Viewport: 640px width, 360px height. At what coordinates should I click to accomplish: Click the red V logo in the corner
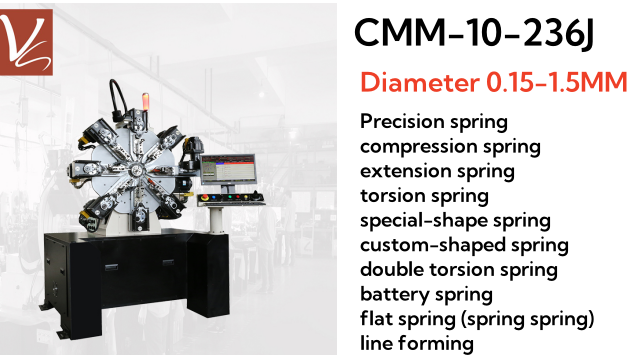(x=26, y=42)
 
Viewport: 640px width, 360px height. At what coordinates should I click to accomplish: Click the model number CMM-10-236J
(x=473, y=33)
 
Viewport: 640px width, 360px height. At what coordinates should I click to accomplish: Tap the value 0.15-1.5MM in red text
(x=557, y=82)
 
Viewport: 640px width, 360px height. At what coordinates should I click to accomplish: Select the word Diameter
(x=420, y=82)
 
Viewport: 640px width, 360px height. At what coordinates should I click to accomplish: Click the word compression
(x=419, y=147)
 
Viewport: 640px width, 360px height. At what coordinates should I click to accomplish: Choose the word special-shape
(x=424, y=221)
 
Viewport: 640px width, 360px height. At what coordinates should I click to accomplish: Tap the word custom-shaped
(x=433, y=245)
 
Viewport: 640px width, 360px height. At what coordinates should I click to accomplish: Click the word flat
(x=376, y=318)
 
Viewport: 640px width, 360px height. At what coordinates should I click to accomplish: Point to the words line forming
(x=417, y=343)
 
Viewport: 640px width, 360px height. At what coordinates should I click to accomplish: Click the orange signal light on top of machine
(x=145, y=101)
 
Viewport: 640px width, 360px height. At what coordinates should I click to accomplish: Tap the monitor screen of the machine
(x=228, y=167)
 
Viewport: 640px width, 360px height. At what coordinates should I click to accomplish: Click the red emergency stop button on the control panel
(x=204, y=197)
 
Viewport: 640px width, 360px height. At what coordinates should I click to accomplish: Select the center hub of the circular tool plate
(x=135, y=171)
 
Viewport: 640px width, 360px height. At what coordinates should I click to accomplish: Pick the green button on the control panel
(x=230, y=197)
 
